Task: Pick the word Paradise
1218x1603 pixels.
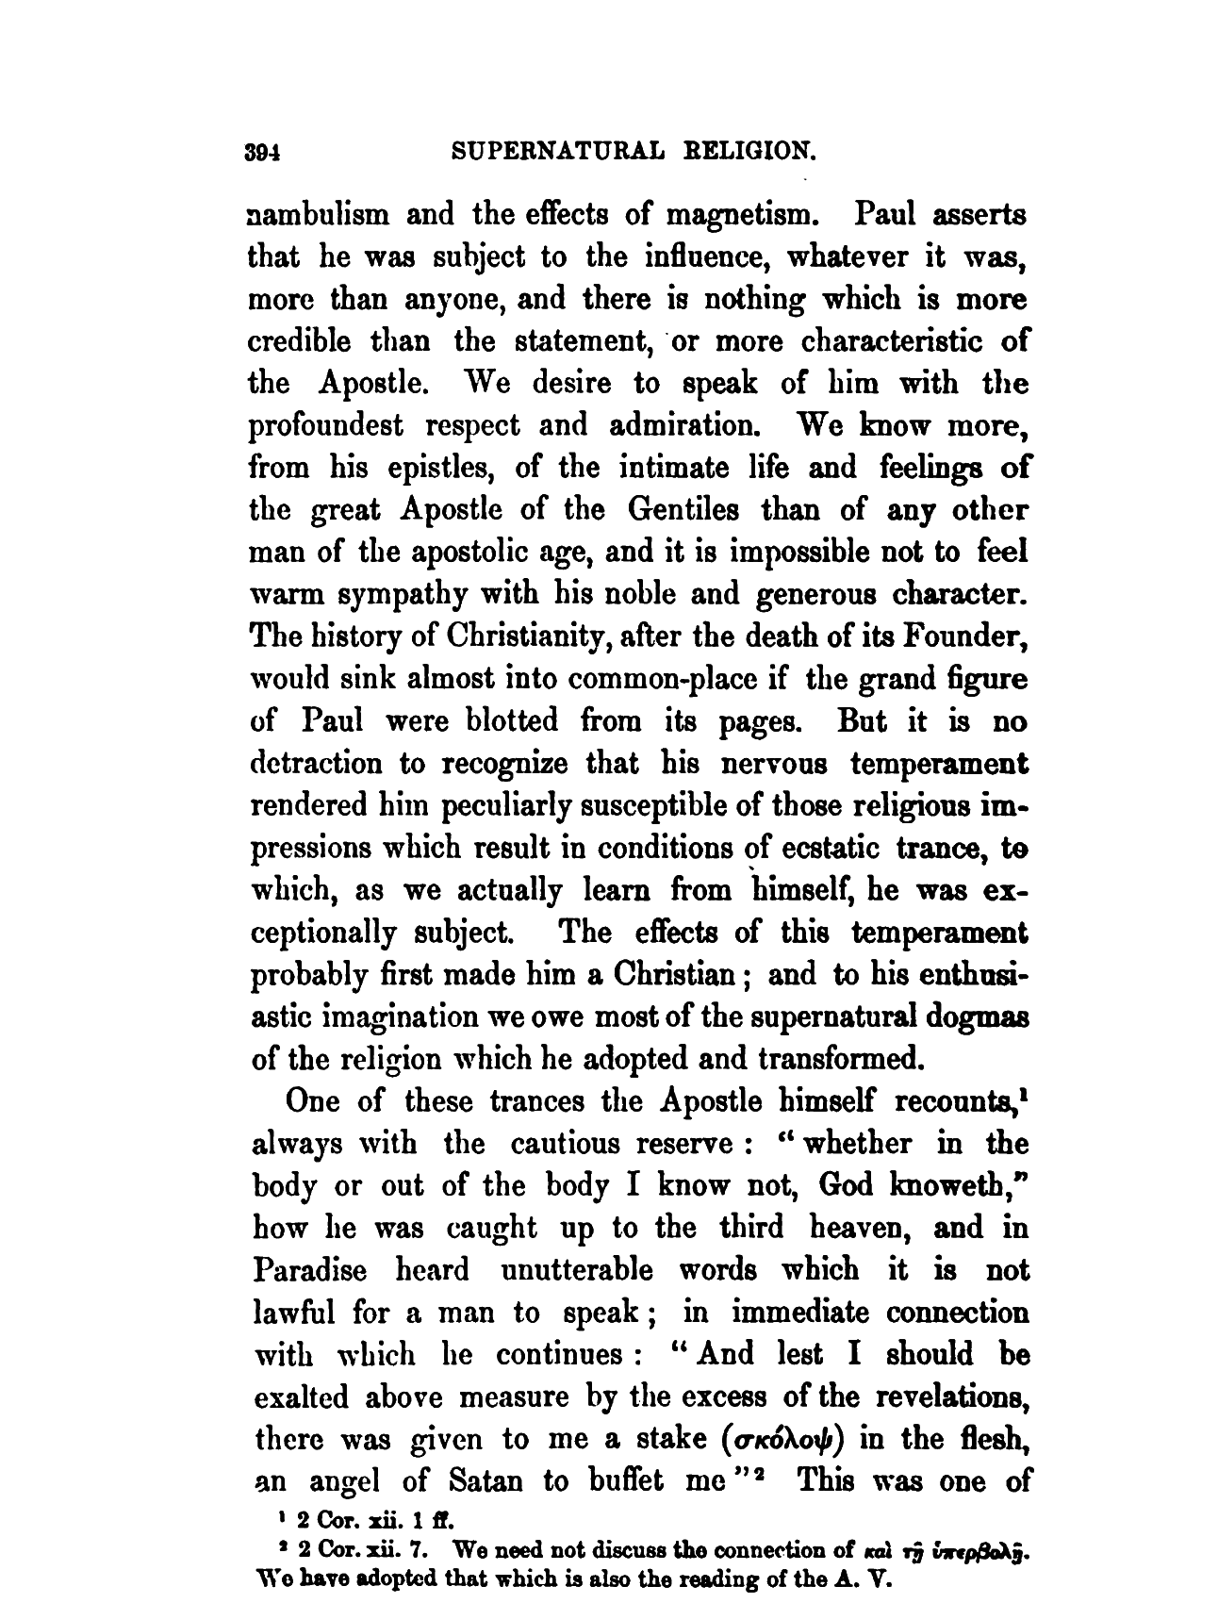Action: (310, 1270)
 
